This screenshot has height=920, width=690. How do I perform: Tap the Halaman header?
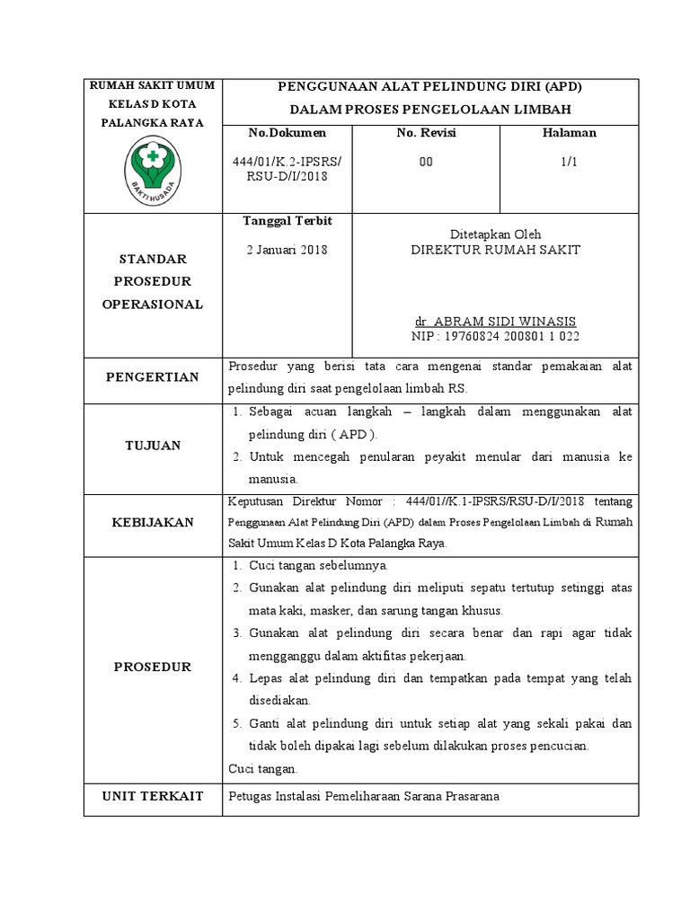coord(569,133)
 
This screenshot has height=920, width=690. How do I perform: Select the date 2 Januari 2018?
coord(287,250)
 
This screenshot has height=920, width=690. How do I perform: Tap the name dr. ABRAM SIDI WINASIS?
coord(495,321)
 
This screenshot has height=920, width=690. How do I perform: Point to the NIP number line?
coord(495,336)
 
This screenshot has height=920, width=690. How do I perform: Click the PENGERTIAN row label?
coord(153,377)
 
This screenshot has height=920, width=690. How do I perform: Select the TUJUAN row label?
coord(153,446)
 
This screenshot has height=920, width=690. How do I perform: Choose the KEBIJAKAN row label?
coord(153,523)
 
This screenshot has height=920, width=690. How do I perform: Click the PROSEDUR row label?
coord(153,667)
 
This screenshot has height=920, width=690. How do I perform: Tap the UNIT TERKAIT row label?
coord(153,796)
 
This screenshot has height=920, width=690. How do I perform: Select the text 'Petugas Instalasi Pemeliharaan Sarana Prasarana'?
coord(364,796)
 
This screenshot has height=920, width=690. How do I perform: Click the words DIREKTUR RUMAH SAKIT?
coord(495,250)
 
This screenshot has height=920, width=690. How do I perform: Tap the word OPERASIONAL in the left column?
coord(153,305)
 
